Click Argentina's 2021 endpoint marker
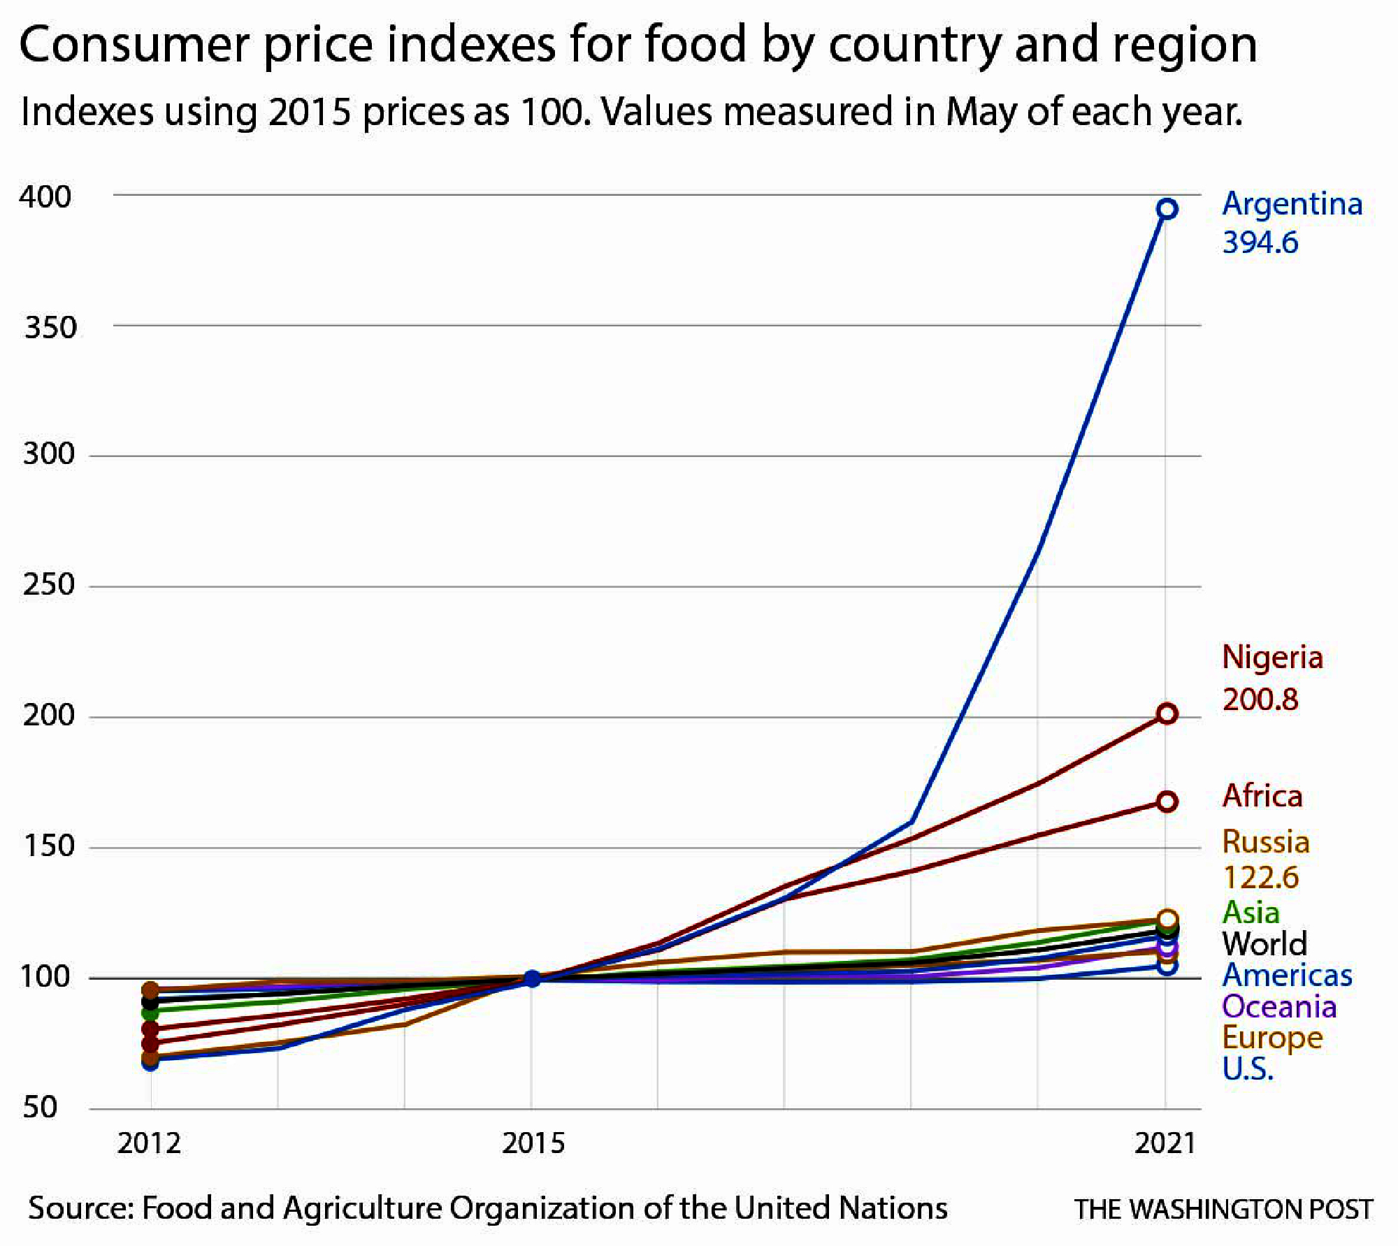(1167, 208)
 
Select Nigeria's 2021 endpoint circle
(1167, 713)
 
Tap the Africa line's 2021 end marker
(1167, 801)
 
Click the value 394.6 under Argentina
(1260, 242)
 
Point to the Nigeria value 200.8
(1260, 699)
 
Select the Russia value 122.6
(1260, 877)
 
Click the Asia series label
(1251, 912)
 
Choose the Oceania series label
(1278, 1006)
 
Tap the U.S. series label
(1248, 1068)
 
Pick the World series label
(1264, 943)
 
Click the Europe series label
(1271, 1038)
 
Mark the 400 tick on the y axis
(45, 197)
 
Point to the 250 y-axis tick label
(48, 584)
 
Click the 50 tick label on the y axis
(40, 1107)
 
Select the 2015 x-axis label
(533, 1143)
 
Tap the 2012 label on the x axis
(149, 1143)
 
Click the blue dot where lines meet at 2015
(532, 978)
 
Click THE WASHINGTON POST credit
(1223, 1209)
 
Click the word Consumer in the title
(134, 45)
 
